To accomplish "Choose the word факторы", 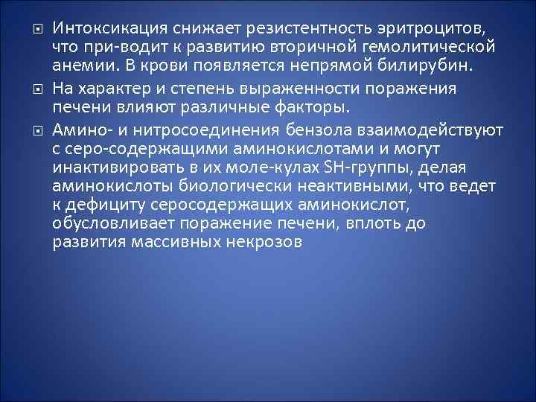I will coord(311,107).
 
